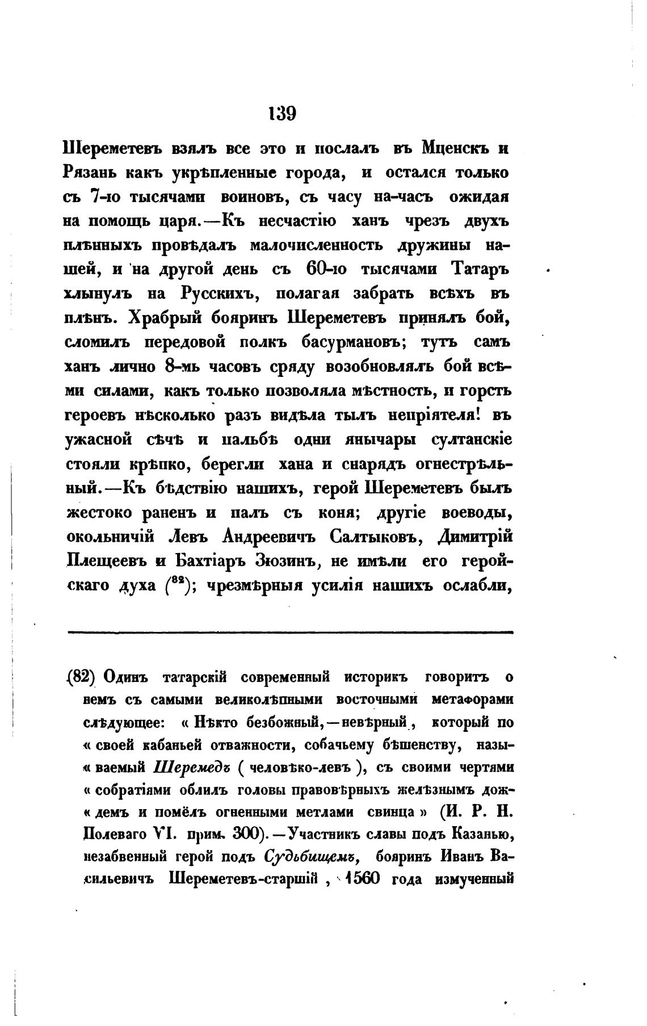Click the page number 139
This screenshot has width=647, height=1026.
(282, 113)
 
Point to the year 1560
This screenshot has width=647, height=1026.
(365, 878)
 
